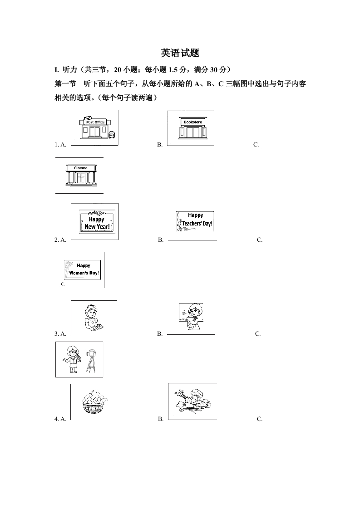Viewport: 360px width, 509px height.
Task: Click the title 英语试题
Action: [x=180, y=53]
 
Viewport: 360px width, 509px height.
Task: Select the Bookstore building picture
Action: [x=192, y=128]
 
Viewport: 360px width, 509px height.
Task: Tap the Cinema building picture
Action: [x=81, y=176]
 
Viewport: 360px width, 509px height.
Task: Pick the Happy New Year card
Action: [x=97, y=222]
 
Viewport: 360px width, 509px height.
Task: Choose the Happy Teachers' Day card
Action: [x=195, y=222]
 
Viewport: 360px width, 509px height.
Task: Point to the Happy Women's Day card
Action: [x=82, y=269]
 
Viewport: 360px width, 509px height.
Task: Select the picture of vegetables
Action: [x=193, y=401]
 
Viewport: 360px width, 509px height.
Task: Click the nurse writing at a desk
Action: [x=93, y=318]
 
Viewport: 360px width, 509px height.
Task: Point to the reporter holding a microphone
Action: [x=71, y=359]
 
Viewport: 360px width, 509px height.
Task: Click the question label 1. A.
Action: [x=60, y=145]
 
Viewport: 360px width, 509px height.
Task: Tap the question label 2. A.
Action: [x=60, y=240]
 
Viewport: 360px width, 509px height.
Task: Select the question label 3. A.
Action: [x=60, y=334]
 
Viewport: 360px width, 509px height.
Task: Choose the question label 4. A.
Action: [x=60, y=419]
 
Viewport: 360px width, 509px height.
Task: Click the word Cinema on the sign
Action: [x=80, y=168]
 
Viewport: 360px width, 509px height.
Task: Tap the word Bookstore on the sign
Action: [x=193, y=122]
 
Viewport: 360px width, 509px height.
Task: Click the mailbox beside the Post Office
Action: [x=112, y=134]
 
